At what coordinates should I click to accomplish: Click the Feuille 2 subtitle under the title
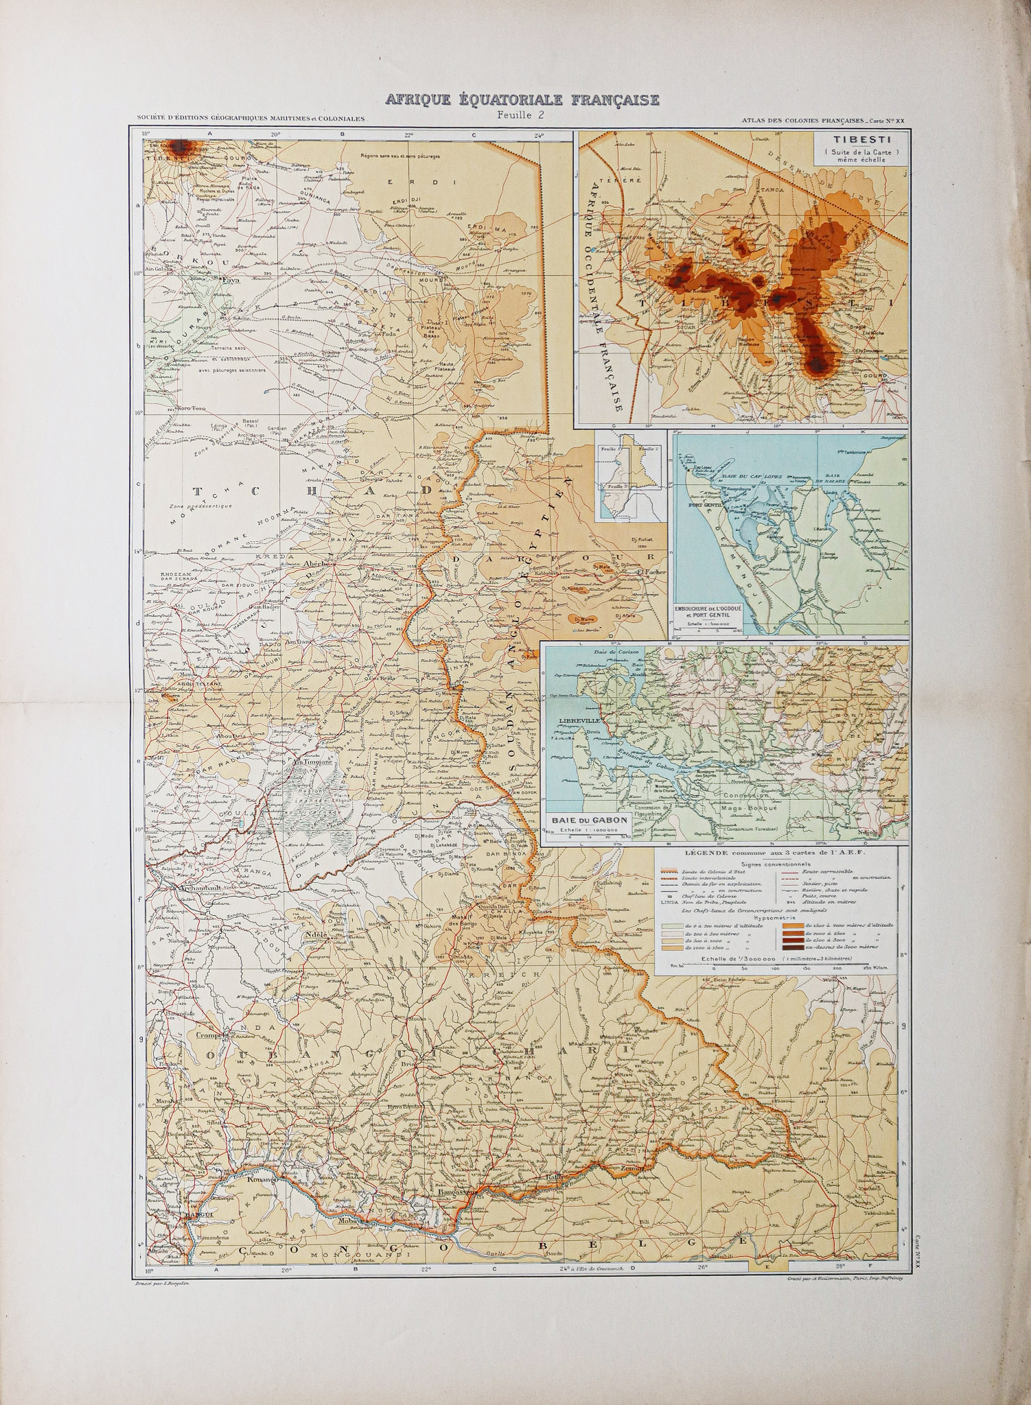point(522,115)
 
